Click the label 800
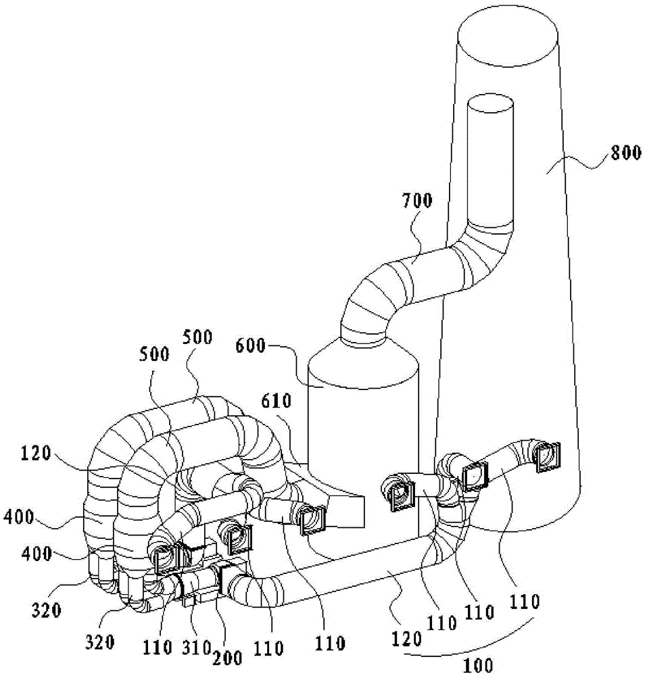pos(624,153)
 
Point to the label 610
pos(277,403)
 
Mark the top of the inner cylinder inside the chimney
pos(492,106)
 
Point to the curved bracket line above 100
pos(467,646)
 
